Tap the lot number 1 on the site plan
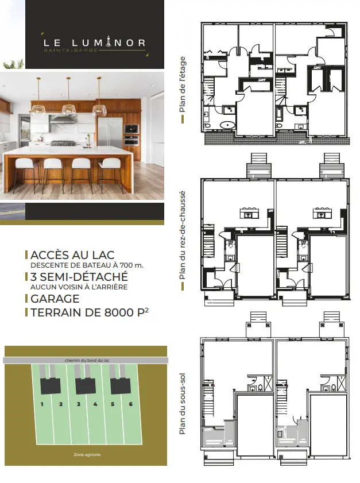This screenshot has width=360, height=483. [x=42, y=404]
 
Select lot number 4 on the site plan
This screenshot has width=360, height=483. [x=95, y=404]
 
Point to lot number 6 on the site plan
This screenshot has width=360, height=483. [x=130, y=404]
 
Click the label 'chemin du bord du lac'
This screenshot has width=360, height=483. [x=87, y=360]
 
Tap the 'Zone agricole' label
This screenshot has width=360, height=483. [x=87, y=454]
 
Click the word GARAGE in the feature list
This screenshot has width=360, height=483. [x=55, y=299]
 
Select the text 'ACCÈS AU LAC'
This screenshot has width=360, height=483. [x=73, y=255]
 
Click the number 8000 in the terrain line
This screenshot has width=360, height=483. [x=119, y=312]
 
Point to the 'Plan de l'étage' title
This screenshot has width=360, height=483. [x=183, y=84]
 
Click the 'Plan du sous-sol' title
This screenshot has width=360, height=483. [x=183, y=404]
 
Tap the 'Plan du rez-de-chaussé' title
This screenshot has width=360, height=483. [x=183, y=235]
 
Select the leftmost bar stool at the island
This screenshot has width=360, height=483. [x=24, y=175]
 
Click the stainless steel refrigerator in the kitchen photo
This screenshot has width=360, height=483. [x=110, y=136]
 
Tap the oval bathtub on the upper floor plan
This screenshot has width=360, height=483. [x=228, y=125]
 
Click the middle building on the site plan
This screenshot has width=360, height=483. [x=86, y=386]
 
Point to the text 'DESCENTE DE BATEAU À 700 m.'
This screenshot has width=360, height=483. [x=87, y=265]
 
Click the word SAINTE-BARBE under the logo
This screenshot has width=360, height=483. [x=71, y=50]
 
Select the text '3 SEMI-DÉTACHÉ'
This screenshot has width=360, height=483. [x=79, y=277]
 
